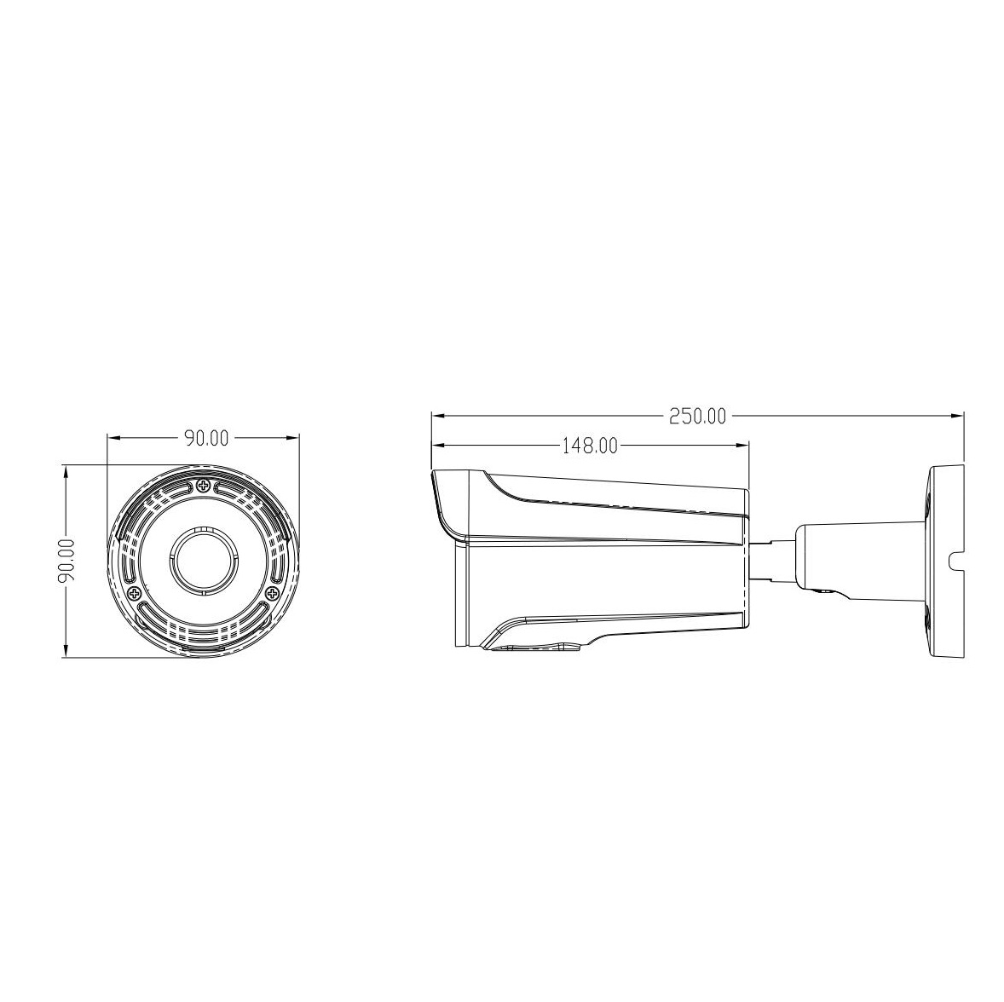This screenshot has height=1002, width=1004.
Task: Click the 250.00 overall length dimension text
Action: tap(697, 417)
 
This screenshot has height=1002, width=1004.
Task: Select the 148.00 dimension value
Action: tap(589, 445)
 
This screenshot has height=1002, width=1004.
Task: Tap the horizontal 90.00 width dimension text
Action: tap(205, 438)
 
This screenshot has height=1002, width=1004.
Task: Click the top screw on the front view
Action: tap(202, 486)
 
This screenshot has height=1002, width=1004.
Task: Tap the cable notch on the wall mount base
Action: tap(955, 560)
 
